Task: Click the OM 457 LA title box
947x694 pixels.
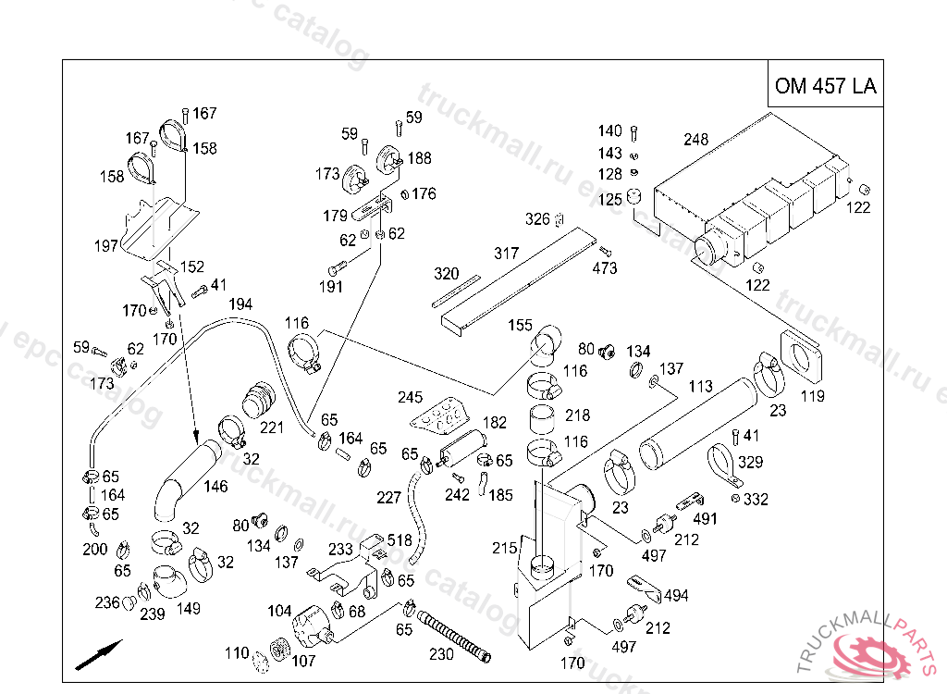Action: click(x=825, y=86)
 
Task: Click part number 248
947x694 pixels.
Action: click(x=695, y=140)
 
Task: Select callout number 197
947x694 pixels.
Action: click(x=105, y=245)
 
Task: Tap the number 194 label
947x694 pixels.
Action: click(x=240, y=304)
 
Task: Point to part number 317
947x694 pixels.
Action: click(x=506, y=253)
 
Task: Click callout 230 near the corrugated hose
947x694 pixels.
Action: click(x=441, y=654)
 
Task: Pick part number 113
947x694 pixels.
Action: click(x=701, y=386)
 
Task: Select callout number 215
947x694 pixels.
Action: click(x=504, y=548)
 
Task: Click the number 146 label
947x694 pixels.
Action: click(x=215, y=487)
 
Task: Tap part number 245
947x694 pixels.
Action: click(x=410, y=398)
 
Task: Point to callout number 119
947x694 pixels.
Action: click(x=813, y=397)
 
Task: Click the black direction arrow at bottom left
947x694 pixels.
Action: click(x=99, y=653)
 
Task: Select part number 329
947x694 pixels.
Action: click(x=751, y=462)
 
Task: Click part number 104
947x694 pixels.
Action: click(x=279, y=612)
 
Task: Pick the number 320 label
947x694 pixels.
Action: click(x=447, y=274)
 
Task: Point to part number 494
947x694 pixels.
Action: click(x=676, y=596)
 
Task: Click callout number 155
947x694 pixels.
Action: click(x=521, y=326)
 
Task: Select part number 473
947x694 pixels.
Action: click(x=605, y=268)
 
